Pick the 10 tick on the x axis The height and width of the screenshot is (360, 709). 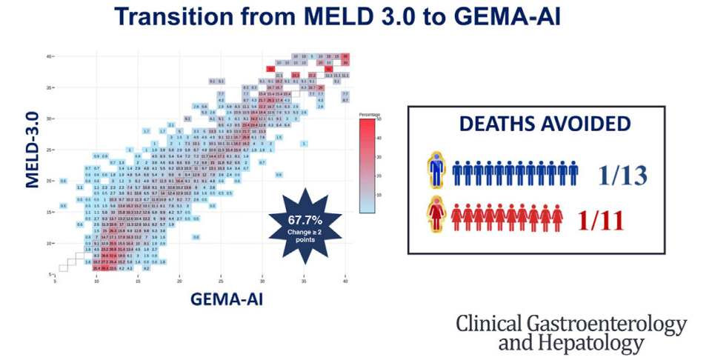(x=96, y=281)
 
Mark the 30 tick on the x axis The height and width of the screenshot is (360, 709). (x=262, y=281)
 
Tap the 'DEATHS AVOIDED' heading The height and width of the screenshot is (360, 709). (x=534, y=124)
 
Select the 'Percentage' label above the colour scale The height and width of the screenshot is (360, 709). (x=370, y=115)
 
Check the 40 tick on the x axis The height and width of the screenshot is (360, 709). (x=345, y=281)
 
